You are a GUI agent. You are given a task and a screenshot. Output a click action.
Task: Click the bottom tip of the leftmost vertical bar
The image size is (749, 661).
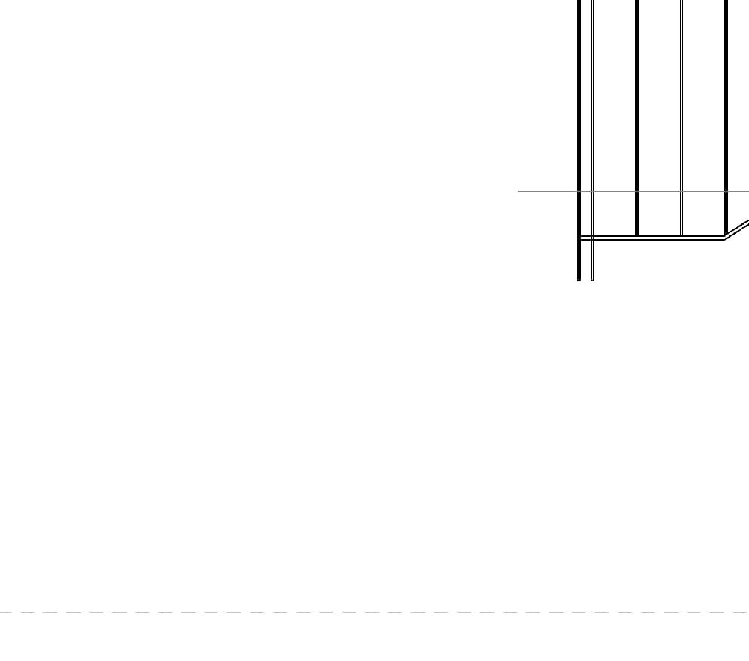pos(579,280)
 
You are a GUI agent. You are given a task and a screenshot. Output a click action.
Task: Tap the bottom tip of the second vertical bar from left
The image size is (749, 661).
pos(592,280)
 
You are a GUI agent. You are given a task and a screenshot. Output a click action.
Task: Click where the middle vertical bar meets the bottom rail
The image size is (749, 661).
pos(637,236)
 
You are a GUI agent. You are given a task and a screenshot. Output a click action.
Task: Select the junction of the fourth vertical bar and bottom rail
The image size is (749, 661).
pos(682,236)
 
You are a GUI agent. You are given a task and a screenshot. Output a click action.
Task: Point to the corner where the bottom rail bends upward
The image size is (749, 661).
pos(725,238)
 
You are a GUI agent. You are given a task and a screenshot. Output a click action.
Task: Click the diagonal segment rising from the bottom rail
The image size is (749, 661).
pos(738,229)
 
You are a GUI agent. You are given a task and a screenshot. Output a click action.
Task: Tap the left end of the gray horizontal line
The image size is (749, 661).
pos(519,192)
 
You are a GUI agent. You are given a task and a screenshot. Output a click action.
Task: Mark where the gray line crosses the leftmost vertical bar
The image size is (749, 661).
pos(579,192)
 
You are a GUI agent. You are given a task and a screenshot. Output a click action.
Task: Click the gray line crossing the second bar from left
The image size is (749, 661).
pos(592,192)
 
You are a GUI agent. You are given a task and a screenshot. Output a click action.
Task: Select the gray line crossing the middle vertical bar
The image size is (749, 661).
pos(637,192)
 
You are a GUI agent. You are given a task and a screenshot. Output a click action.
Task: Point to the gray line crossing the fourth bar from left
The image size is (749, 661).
pos(682,192)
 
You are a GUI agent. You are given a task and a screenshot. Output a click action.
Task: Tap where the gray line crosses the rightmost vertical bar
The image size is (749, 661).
pos(726,192)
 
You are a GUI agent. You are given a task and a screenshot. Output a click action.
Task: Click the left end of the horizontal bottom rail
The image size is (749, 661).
pos(579,238)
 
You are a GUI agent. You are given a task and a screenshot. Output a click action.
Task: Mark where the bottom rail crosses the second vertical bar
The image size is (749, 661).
pos(592,238)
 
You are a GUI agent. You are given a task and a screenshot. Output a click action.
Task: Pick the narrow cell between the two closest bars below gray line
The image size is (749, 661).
pos(586,214)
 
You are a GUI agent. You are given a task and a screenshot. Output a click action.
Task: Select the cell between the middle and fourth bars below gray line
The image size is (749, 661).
pos(660,214)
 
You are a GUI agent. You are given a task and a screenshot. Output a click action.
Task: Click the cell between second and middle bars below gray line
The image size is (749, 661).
pos(615,214)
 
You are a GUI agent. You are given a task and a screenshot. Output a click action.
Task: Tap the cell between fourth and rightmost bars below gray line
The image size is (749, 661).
pos(704,214)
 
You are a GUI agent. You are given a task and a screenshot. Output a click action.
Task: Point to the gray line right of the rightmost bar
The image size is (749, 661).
pos(739,192)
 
